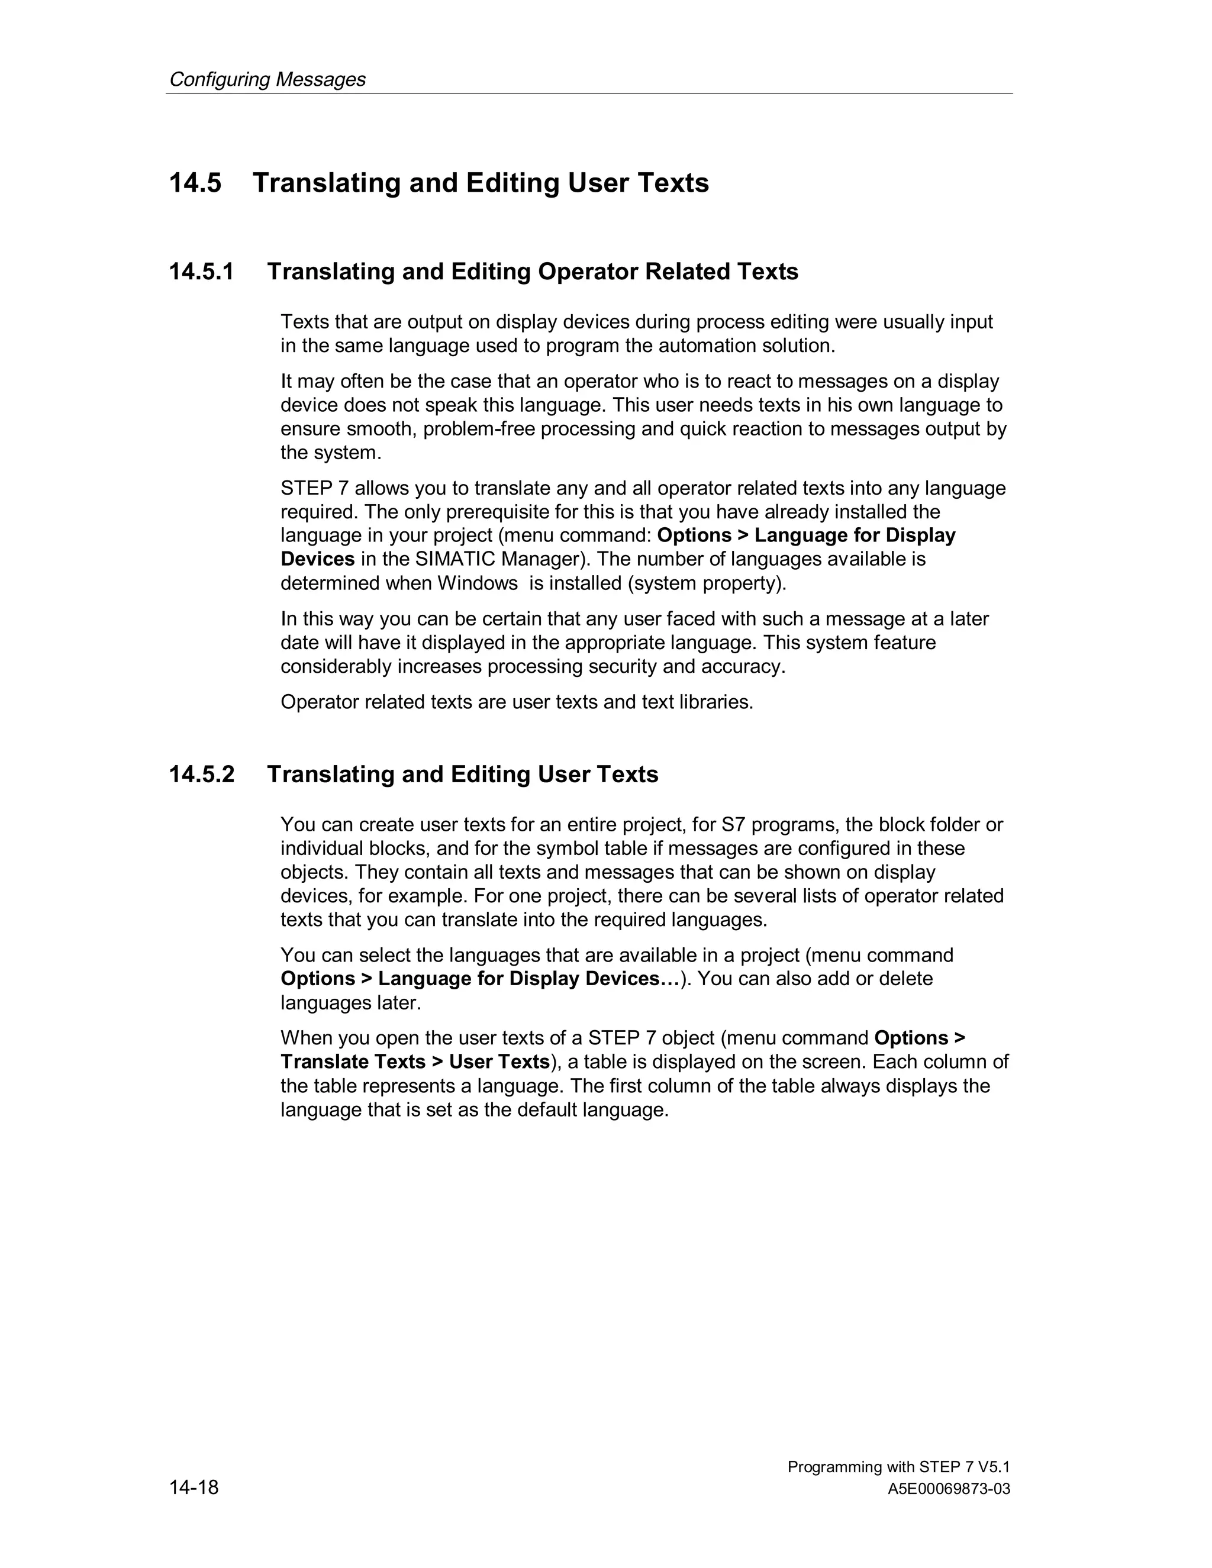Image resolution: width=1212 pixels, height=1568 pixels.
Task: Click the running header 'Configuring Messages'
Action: (x=267, y=79)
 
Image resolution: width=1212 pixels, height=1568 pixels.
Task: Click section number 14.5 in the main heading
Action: (x=195, y=183)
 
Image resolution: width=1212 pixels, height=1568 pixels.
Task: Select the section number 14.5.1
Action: (x=201, y=272)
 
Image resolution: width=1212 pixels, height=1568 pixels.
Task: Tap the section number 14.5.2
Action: (x=201, y=775)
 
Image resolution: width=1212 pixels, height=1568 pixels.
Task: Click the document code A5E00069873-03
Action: (x=949, y=1489)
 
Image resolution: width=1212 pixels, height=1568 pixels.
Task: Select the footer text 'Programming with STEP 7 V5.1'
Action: (x=898, y=1467)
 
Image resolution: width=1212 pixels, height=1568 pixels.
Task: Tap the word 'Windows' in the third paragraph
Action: (x=478, y=583)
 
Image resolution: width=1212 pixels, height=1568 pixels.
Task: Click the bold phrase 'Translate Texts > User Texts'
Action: (x=415, y=1062)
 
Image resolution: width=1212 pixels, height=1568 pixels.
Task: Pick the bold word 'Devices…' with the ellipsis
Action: (x=633, y=979)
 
